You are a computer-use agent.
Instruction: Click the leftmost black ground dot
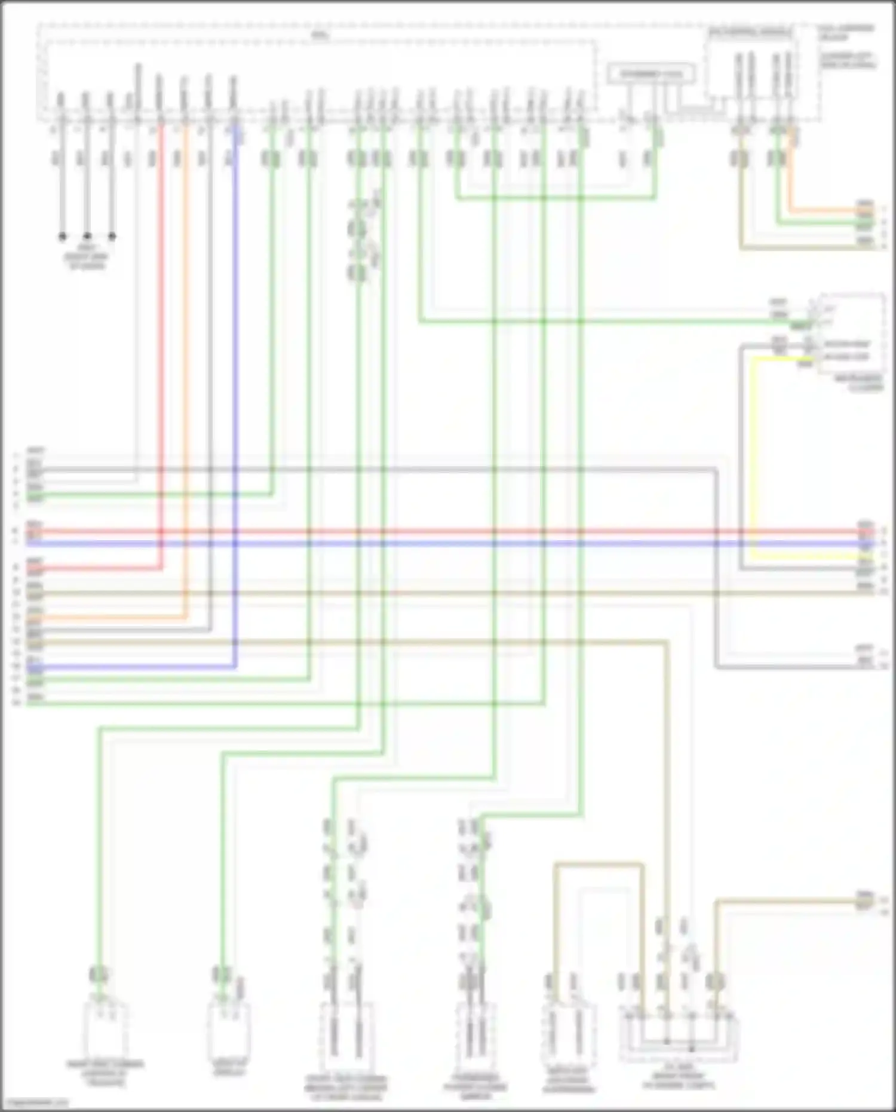coord(62,236)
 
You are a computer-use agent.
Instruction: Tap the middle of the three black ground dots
coord(87,236)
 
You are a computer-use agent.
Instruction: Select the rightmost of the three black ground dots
coord(112,236)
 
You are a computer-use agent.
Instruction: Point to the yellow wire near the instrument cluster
coord(751,454)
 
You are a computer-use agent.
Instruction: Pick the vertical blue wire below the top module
coord(235,359)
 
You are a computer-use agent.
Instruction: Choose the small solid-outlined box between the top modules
coord(650,75)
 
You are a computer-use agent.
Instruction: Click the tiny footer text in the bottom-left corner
coord(35,1103)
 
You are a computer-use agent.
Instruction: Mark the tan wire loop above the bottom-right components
coord(599,864)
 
